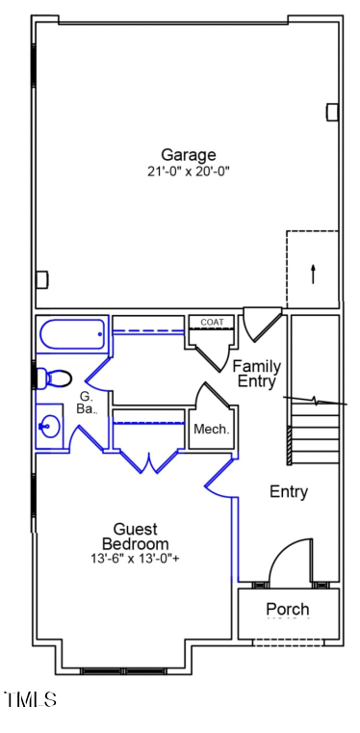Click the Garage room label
click(x=188, y=154)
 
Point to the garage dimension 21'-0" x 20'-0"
click(x=188, y=171)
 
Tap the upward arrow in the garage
click(x=313, y=272)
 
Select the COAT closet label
click(x=212, y=322)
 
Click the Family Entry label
click(x=257, y=374)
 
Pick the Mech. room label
click(x=211, y=430)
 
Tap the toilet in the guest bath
click(x=54, y=376)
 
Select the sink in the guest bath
click(x=49, y=425)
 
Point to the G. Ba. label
click(x=87, y=403)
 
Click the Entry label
click(x=288, y=492)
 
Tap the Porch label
click(x=287, y=609)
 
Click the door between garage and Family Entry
click(x=261, y=324)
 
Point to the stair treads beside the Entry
click(x=316, y=433)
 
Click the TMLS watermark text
click(x=30, y=698)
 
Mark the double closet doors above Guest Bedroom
click(x=148, y=461)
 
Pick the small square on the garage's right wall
click(x=332, y=112)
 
